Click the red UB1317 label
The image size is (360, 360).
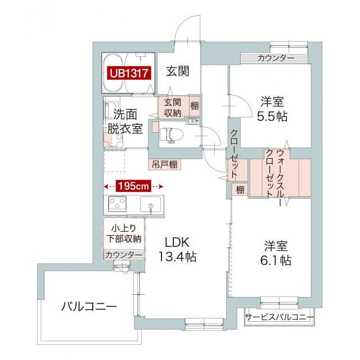(x=129, y=73)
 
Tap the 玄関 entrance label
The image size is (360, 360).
(x=177, y=71)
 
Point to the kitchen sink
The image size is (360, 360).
(x=151, y=205)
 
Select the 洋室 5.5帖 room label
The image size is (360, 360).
(x=272, y=110)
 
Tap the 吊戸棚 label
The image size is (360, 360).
(x=165, y=165)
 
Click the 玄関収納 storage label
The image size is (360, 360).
(x=173, y=107)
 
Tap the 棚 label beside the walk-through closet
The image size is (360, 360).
(x=240, y=190)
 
